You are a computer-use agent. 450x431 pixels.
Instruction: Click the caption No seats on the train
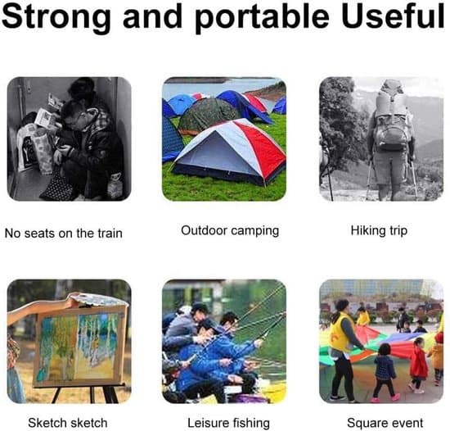point(64,233)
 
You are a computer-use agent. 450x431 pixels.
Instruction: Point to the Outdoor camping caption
point(230,231)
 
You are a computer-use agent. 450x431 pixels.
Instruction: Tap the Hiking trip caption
point(379,231)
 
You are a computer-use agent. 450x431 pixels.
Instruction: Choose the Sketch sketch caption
point(68,423)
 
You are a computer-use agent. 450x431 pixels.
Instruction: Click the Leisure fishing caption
point(228,424)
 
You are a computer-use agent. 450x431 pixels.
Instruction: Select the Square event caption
point(385,424)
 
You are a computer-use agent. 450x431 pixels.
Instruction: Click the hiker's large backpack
point(391,118)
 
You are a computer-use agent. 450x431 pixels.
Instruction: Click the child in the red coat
point(418,365)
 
